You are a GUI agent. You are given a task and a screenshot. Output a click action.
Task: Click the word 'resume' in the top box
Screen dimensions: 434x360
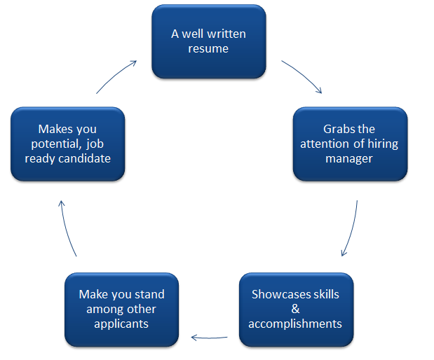tap(208, 49)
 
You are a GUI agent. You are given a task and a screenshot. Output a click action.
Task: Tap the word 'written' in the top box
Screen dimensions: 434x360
tap(226, 34)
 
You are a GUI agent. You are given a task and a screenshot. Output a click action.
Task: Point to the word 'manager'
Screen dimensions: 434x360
tap(349, 159)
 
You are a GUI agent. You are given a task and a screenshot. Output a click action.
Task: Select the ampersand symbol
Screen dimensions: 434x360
tap(295, 309)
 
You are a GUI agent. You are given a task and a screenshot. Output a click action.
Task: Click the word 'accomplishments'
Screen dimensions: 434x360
tap(295, 324)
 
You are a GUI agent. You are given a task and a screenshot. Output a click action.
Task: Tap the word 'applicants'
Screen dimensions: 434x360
tap(121, 324)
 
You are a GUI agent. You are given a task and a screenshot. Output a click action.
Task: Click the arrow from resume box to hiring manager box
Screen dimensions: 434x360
tap(304, 74)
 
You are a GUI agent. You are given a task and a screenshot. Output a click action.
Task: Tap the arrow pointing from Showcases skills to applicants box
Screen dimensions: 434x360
tap(209, 338)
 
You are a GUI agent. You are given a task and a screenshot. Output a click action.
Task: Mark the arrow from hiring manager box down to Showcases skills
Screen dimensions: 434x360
tap(352, 229)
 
